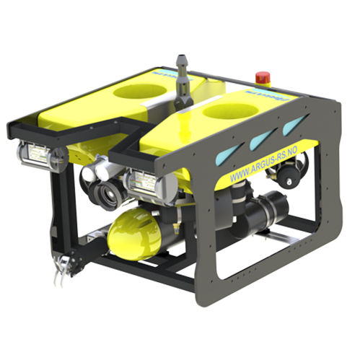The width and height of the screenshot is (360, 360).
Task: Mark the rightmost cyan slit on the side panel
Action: pyautogui.click(x=291, y=126)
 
